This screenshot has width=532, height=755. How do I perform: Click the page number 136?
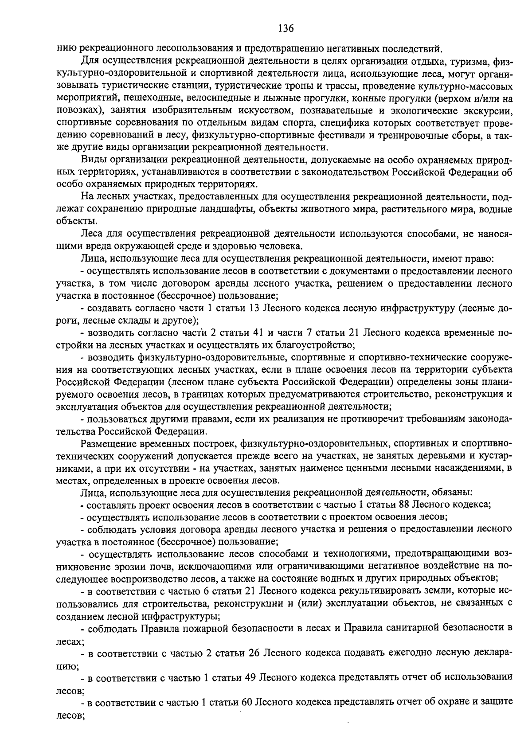(286, 28)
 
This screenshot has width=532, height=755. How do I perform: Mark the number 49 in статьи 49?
(249, 677)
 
